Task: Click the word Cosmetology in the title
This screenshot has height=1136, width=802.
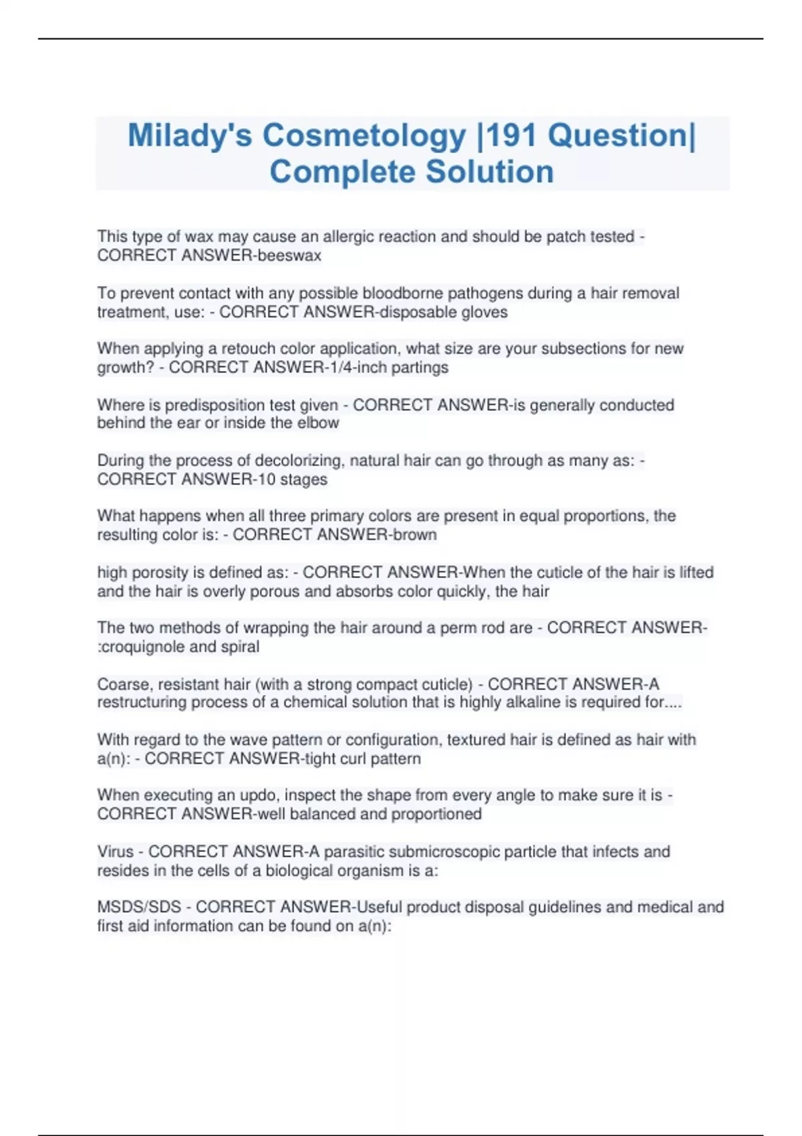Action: (364, 136)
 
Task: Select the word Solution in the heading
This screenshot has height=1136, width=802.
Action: (489, 172)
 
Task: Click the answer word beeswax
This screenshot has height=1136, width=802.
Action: (293, 256)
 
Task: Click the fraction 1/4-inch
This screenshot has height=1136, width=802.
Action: (357, 368)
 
